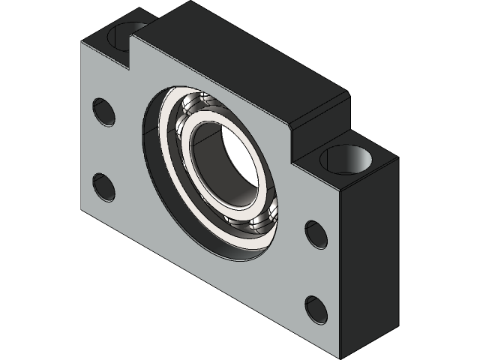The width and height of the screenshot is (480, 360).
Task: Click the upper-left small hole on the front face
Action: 104,111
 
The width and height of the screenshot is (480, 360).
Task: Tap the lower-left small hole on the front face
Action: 103,187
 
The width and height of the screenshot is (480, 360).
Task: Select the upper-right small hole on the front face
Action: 316,235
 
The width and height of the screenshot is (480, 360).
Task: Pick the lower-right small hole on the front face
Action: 316,310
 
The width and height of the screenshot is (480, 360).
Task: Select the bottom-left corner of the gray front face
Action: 82,208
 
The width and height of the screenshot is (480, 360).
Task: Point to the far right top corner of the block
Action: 395,159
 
